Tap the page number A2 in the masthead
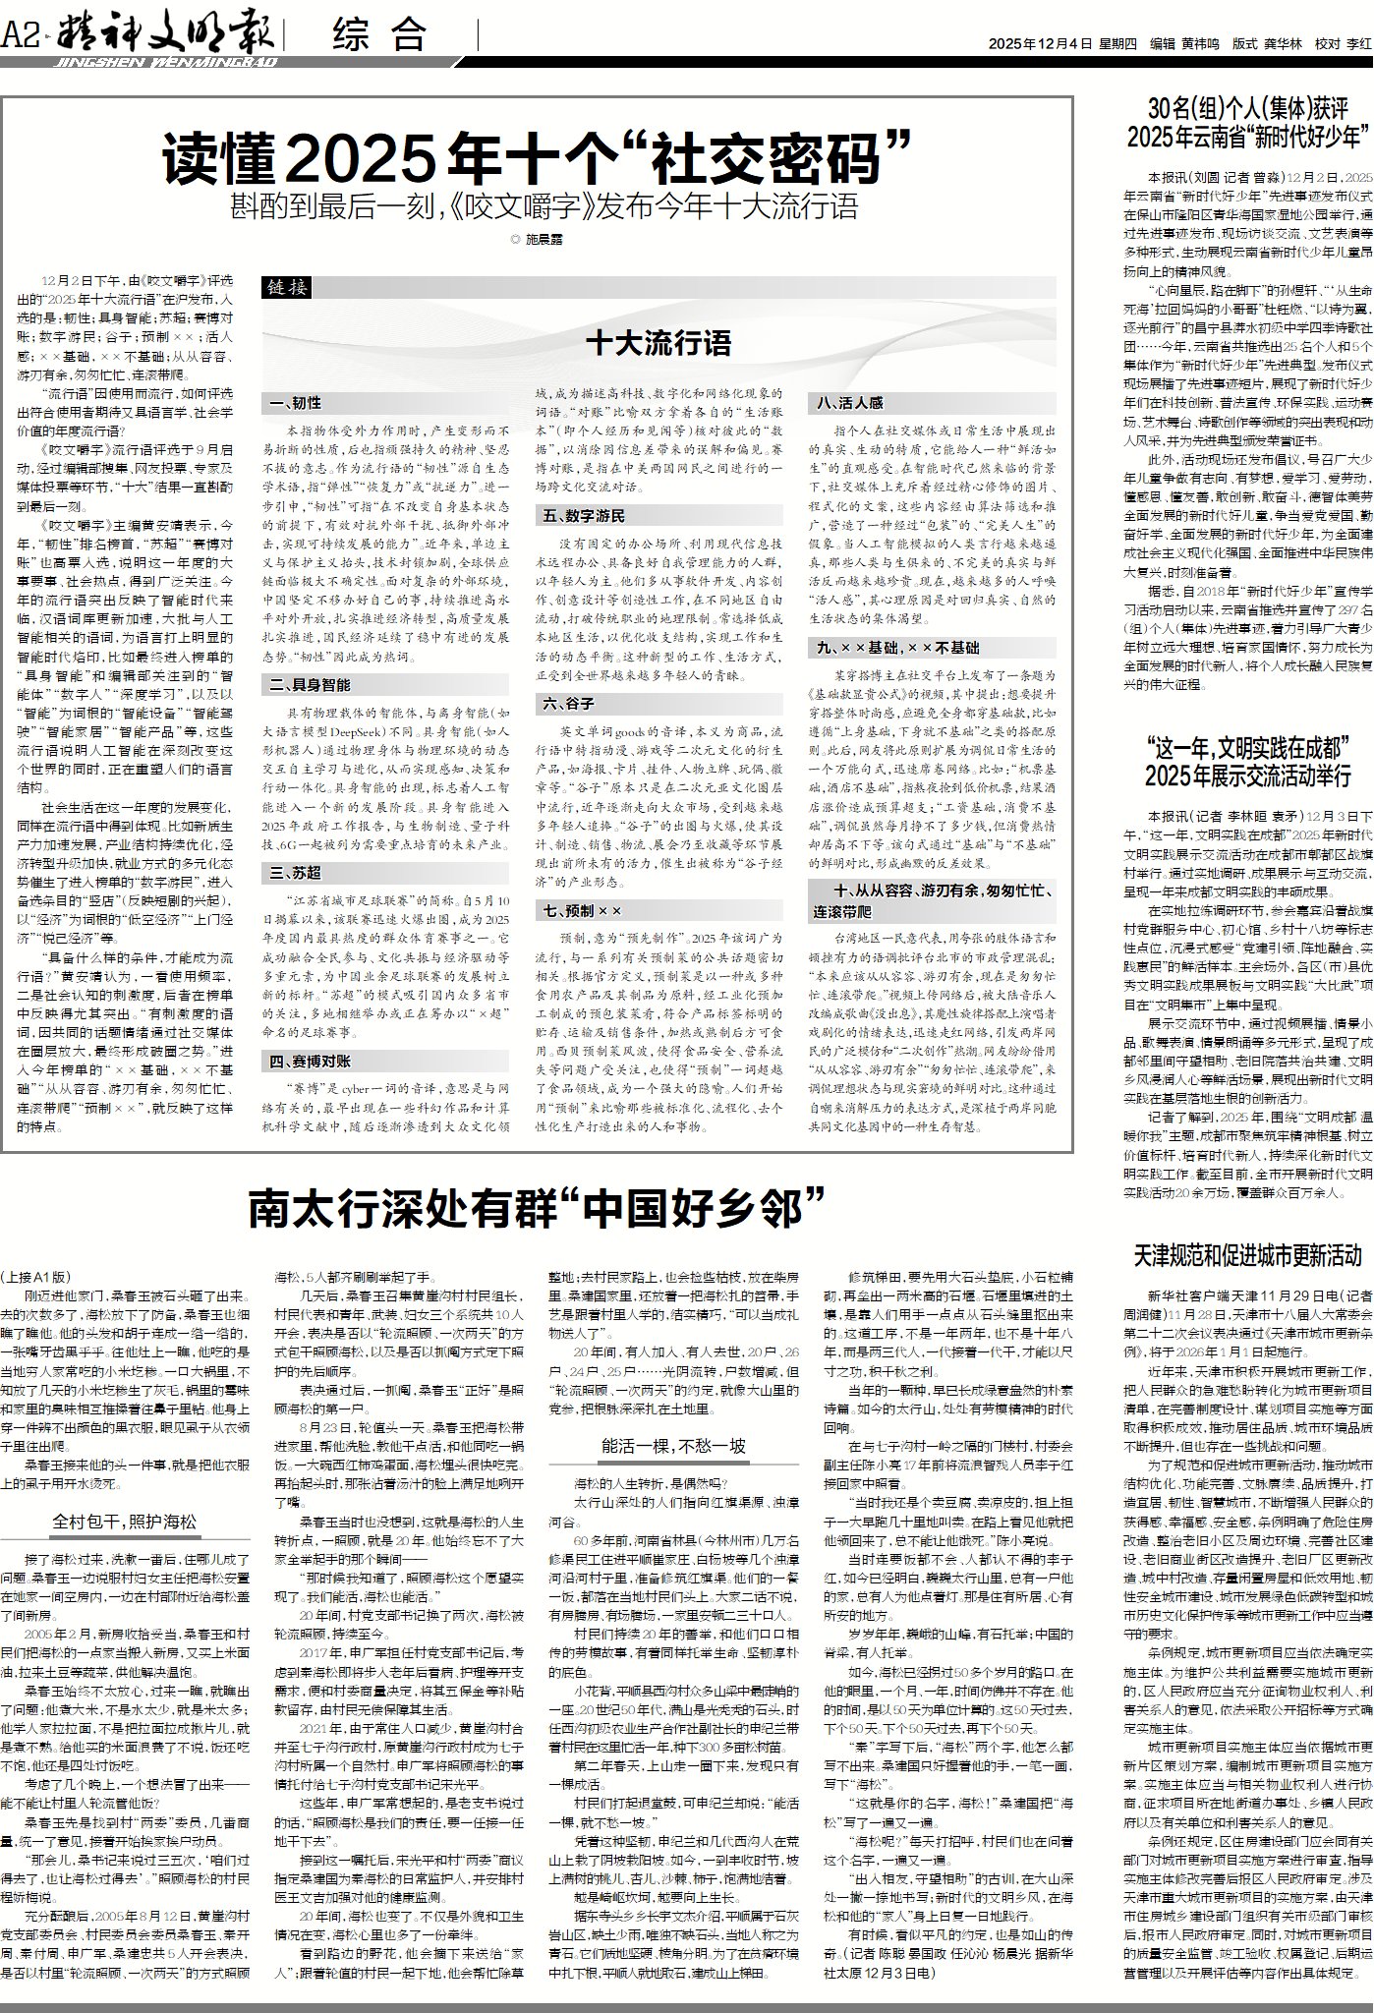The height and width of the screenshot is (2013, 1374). point(21,37)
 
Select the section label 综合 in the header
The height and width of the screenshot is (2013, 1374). point(379,37)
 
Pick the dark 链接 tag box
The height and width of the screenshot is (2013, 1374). point(286,287)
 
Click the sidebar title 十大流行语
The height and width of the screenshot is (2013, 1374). point(658,344)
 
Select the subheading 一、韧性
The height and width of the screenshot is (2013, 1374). point(297,403)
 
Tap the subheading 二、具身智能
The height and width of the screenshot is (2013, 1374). point(311,684)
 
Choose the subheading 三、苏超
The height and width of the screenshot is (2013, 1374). point(297,872)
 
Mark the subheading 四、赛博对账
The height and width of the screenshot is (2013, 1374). point(311,1061)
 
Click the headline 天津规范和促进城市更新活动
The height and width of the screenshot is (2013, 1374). point(1247,1254)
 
